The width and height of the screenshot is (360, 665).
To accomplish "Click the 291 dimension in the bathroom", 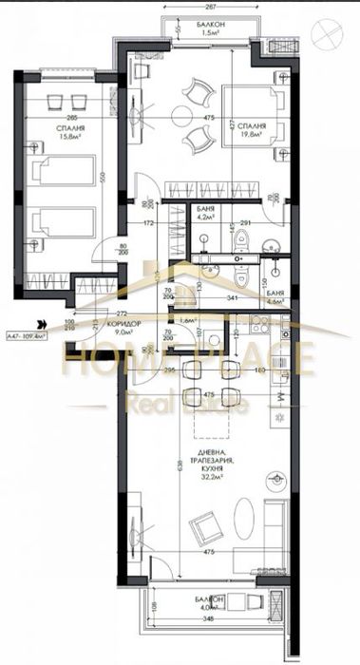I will click(245, 223).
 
